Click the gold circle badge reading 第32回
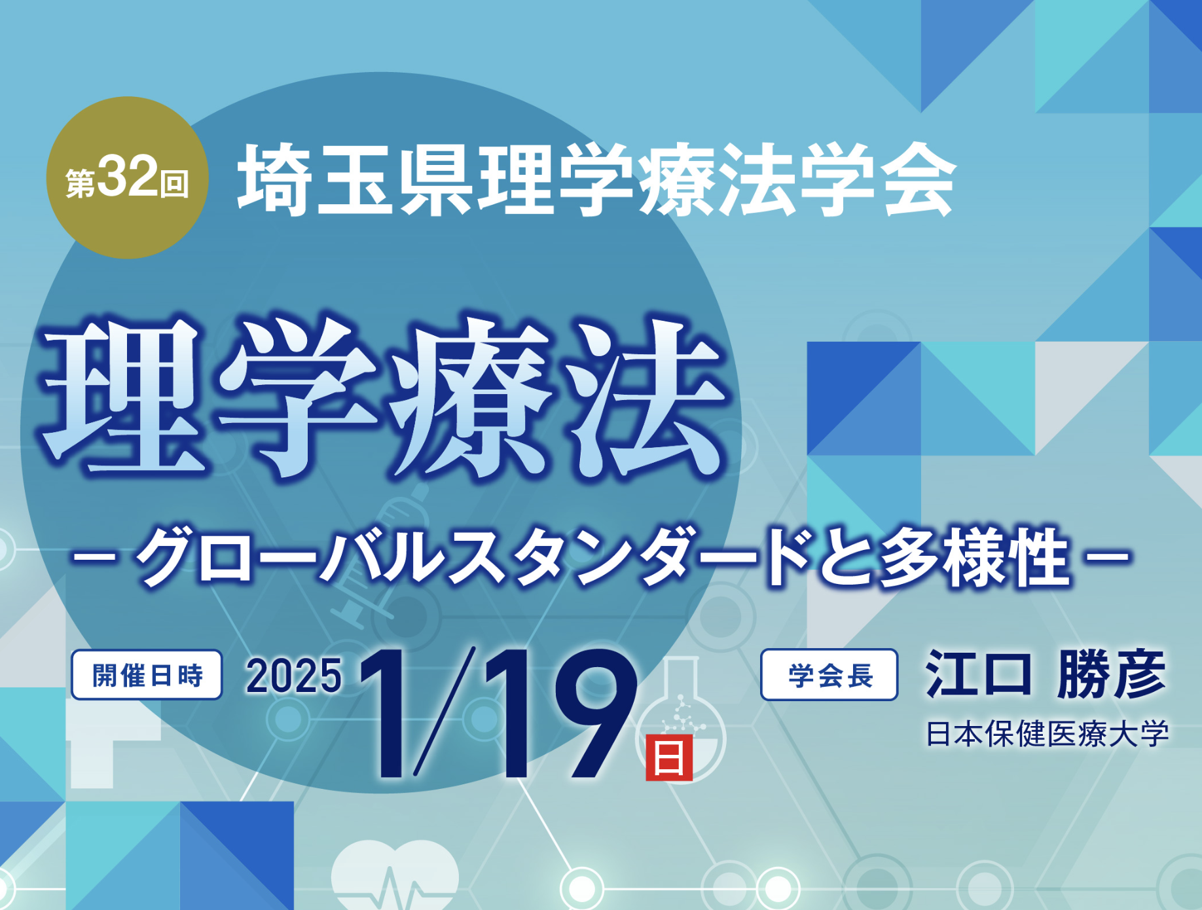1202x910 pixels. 128,177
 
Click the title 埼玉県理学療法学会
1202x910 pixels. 596,179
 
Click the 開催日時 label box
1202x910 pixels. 147,675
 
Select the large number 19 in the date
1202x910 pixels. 560,714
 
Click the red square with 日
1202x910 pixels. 669,758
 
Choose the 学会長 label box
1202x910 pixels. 829,675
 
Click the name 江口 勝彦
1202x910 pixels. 1046,674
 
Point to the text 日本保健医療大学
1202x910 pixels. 1047,734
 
